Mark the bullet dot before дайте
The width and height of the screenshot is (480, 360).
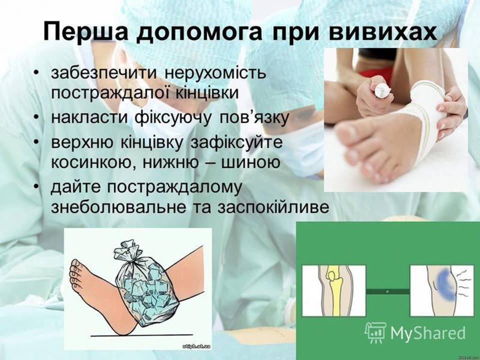pos(37,188)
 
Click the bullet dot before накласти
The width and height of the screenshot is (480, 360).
pos(37,118)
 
